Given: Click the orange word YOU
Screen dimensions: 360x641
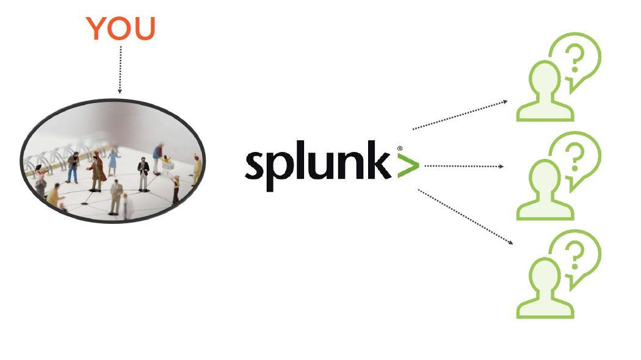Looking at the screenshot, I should click(120, 29).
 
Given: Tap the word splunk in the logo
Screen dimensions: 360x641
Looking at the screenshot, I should click(317, 164).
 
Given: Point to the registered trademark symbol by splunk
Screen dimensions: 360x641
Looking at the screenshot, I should click(400, 148).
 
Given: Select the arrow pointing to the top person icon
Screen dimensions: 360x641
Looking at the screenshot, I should click(460, 115).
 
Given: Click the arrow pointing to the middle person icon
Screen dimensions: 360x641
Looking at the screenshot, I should click(464, 165).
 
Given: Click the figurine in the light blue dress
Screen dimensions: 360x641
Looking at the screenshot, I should click(113, 162).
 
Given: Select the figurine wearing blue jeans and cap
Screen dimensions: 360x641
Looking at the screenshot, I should click(73, 167).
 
